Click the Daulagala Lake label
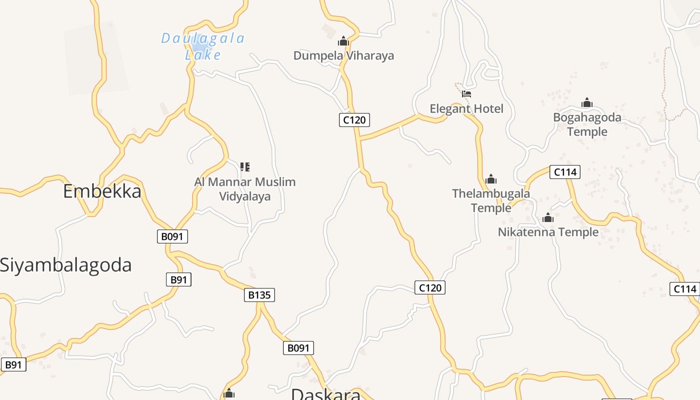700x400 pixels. pos(203,46)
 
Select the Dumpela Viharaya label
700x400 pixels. pos(343,55)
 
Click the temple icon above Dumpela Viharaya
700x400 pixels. pos(343,40)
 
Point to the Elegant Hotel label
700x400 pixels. pos(466,108)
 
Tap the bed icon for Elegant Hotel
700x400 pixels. pos(466,93)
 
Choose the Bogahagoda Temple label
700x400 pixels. pos(587,124)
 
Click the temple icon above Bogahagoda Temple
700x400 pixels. pos(587,103)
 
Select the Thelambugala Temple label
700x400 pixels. pos(491,200)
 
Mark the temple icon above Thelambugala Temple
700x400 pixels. pos(491,178)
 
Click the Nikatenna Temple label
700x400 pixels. pos(548,232)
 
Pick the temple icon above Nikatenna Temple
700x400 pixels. pos(548,217)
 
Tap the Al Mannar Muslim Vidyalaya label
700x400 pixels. pos(245,189)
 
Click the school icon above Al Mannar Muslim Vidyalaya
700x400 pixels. pos(245,166)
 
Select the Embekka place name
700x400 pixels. pos(102,191)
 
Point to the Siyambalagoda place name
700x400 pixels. pos(65,265)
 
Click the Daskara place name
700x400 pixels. pos(325,394)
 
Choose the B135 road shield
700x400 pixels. pos(259,295)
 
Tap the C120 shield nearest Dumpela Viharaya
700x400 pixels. pos(354,120)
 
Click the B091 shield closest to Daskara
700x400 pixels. pos(298,348)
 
